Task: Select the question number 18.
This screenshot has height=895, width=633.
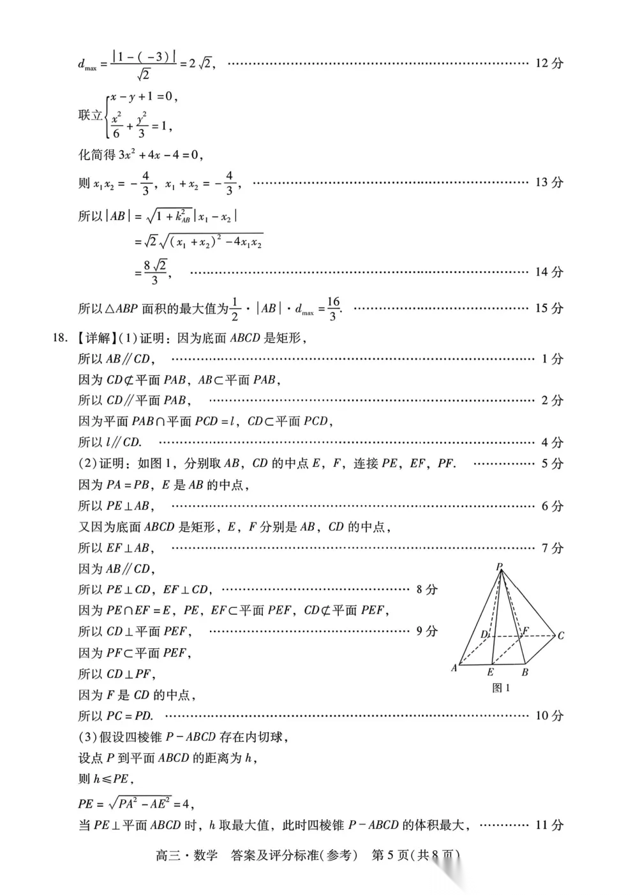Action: point(59,338)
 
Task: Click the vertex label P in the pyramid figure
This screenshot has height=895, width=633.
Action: point(499,566)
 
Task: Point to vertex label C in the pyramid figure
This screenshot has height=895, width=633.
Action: point(560,635)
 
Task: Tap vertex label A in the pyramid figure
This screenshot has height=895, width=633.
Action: point(454,668)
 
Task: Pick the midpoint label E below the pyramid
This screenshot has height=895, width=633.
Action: point(490,672)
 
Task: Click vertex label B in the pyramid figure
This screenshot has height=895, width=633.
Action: point(525,672)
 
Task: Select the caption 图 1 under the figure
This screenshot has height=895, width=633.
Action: point(501,688)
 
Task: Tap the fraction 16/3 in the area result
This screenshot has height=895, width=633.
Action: point(333,308)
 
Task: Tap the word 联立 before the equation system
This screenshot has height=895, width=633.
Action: point(90,115)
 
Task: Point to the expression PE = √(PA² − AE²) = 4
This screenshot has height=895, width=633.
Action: point(135,803)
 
